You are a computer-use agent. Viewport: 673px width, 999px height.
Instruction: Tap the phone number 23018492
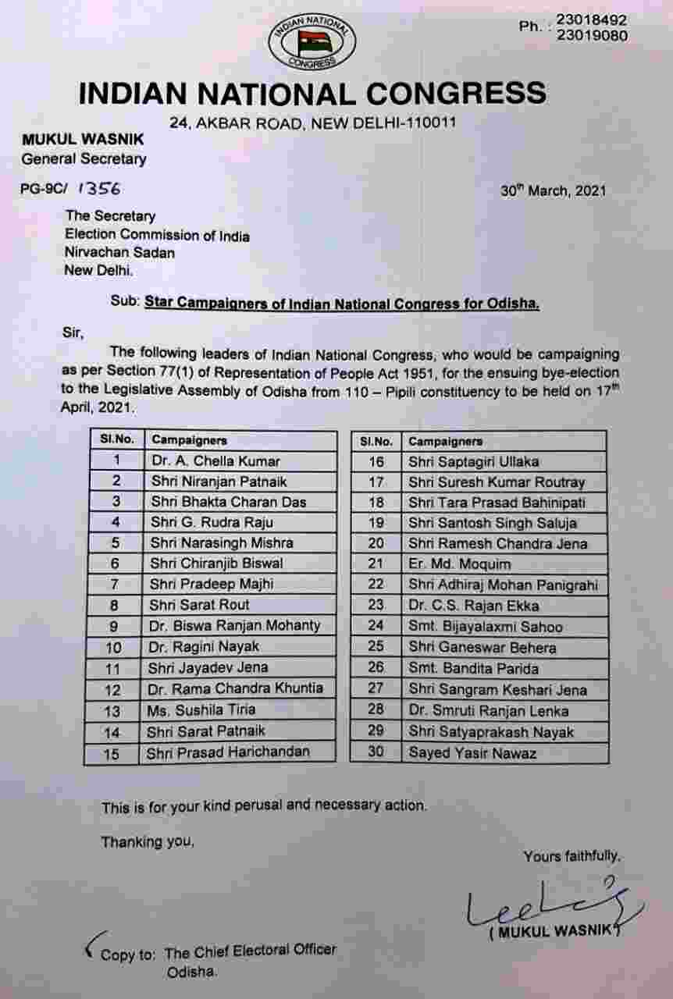click(591, 20)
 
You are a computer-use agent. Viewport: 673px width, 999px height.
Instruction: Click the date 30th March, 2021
click(553, 190)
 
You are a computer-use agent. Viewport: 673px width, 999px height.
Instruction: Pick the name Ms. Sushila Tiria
click(201, 710)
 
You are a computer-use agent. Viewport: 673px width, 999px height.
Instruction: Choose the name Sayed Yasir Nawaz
click(472, 753)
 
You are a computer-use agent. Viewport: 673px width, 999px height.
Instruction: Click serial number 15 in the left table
click(112, 753)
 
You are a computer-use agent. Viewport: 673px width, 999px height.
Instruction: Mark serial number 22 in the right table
click(376, 585)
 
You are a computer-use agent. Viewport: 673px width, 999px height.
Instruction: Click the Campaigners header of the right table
click(445, 441)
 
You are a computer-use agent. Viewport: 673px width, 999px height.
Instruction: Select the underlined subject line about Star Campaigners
click(341, 304)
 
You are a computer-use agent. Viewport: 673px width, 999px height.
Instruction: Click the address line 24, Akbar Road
click(312, 123)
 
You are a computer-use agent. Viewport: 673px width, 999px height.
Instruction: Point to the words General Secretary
click(84, 159)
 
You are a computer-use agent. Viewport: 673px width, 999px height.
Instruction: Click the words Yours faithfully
click(572, 856)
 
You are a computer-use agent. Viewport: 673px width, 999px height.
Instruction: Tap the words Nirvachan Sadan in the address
click(119, 253)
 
